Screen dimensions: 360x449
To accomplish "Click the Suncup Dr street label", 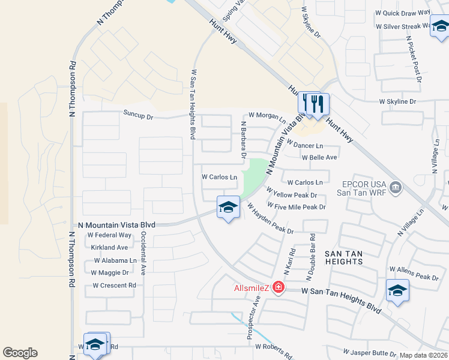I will (139, 113).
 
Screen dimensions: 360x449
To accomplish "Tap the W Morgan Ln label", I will (267, 115).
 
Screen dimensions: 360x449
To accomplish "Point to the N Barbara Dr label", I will (244, 140).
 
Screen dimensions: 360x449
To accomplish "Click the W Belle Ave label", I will (319, 157).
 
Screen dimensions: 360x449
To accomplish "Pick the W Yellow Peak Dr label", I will (295, 195).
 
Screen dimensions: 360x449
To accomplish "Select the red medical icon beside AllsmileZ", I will (278, 288).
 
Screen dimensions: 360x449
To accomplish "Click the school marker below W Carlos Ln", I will (228, 208).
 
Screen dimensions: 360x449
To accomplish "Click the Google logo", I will (20, 353).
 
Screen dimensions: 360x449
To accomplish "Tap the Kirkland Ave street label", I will (110, 247).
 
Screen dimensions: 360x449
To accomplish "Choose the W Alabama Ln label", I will (115, 261).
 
